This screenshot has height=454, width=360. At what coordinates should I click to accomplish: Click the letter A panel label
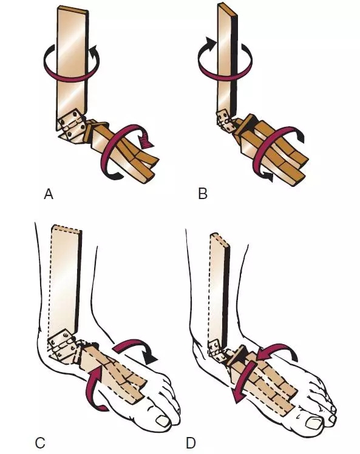coord(49,194)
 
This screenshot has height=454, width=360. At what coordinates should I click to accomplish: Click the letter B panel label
coord(203,194)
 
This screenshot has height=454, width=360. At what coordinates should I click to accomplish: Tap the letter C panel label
coord(39,443)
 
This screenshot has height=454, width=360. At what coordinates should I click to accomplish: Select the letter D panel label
coord(191,443)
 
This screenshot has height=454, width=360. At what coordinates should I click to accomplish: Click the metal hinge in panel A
coord(71,124)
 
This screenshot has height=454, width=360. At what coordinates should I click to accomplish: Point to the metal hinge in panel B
coord(225,121)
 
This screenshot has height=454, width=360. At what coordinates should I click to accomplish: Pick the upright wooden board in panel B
coord(228,58)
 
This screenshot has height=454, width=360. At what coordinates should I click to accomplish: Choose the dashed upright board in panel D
coord(219,286)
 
